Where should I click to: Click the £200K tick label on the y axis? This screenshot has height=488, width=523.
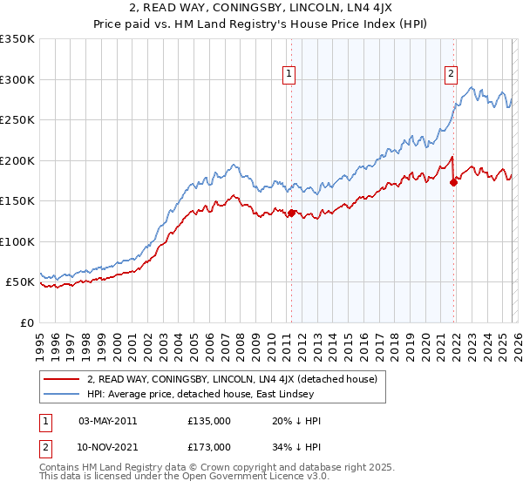tap(17, 160)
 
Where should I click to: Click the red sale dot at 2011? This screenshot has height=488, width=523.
tap(291, 213)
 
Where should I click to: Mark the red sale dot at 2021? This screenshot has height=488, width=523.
tap(453, 182)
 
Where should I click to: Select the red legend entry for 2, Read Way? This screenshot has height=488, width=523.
tap(231, 379)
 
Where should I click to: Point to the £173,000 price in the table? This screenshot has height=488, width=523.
tap(209, 447)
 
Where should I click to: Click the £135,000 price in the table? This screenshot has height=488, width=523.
tap(209, 421)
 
